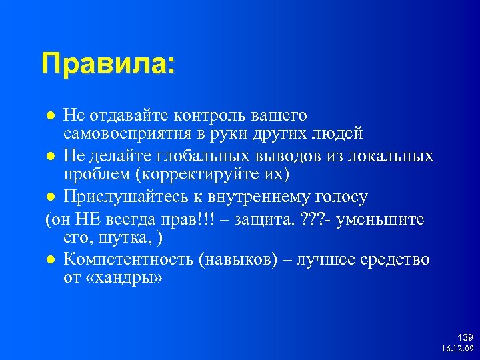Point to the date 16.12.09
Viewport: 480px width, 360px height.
[x=457, y=349]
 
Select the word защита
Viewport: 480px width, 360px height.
[x=263, y=219]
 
